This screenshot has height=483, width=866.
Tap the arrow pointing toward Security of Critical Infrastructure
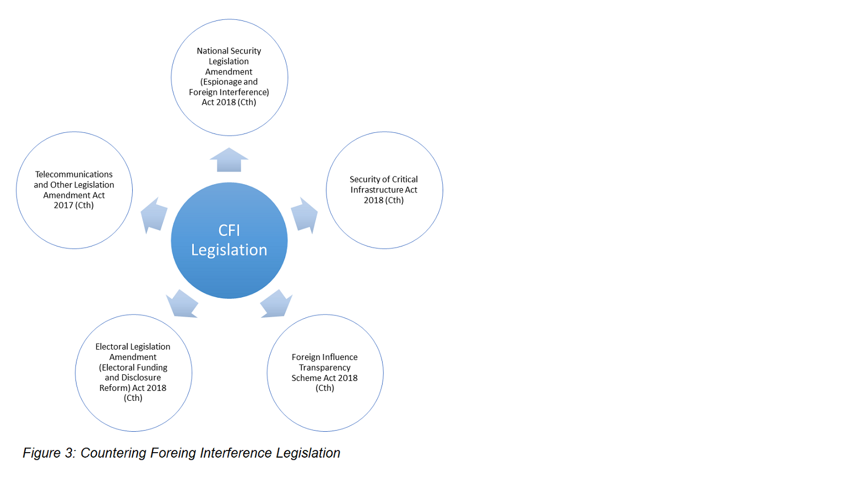(x=304, y=214)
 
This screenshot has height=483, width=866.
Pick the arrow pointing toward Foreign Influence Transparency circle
(x=276, y=304)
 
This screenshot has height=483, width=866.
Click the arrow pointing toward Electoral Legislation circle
(x=182, y=304)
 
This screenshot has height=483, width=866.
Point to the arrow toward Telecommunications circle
(x=154, y=214)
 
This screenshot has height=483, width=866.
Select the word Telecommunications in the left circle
(x=74, y=174)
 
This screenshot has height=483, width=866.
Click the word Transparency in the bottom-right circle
(x=325, y=368)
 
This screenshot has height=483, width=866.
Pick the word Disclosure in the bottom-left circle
(x=140, y=378)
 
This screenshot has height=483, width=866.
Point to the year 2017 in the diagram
(x=63, y=205)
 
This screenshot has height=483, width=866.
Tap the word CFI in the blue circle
(x=229, y=230)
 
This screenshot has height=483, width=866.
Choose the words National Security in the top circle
(x=229, y=51)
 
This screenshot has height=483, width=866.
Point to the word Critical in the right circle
(x=405, y=179)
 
